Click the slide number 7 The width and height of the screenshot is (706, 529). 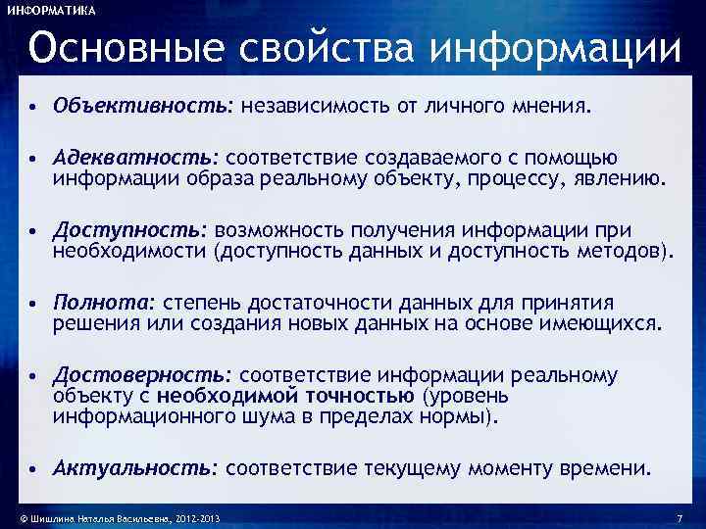(x=679, y=517)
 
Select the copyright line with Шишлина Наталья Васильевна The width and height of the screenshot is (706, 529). (x=113, y=517)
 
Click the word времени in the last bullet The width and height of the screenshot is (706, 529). (x=611, y=469)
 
